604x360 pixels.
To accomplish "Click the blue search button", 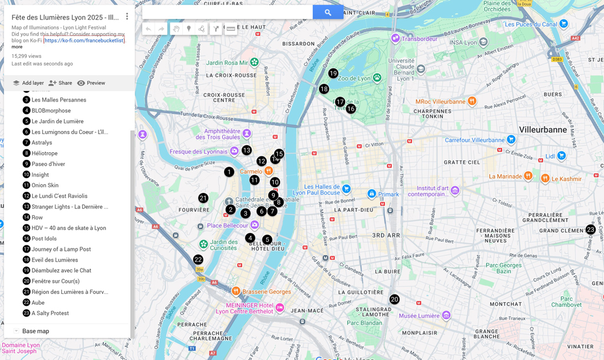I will pyautogui.click(x=328, y=12).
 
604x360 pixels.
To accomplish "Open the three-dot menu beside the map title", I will pyautogui.click(x=127, y=17).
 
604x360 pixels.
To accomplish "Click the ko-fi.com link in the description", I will pyautogui.click(x=84, y=41).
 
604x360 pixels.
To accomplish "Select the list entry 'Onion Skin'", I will pyautogui.click(x=45, y=185).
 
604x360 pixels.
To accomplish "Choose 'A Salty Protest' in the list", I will pyautogui.click(x=50, y=313).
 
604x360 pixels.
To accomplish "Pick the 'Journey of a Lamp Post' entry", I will pyautogui.click(x=61, y=249).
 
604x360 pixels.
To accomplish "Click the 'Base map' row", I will pyautogui.click(x=35, y=331).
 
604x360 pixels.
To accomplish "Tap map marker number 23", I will pyautogui.click(x=590, y=230).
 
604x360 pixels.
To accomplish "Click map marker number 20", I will pyautogui.click(x=394, y=299).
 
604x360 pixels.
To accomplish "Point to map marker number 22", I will pyautogui.click(x=198, y=260).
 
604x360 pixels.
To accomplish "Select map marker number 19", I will pyautogui.click(x=333, y=73).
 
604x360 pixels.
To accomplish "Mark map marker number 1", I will pyautogui.click(x=229, y=172).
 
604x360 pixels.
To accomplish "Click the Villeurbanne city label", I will pyautogui.click(x=543, y=130).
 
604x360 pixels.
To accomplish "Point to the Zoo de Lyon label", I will pyautogui.click(x=356, y=78).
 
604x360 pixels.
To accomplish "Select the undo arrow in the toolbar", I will pyautogui.click(x=148, y=29).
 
